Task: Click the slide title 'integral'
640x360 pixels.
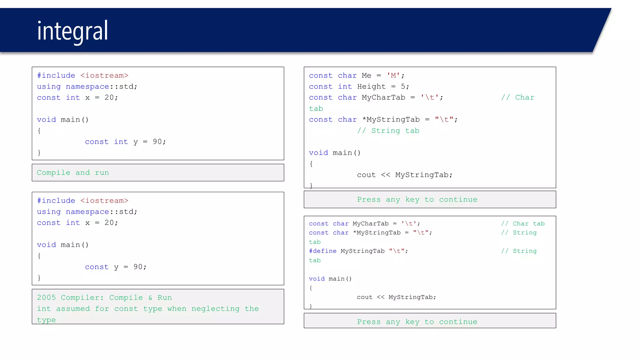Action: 72,31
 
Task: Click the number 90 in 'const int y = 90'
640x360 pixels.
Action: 157,142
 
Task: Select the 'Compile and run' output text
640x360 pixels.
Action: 73,172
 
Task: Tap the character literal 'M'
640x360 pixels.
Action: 393,75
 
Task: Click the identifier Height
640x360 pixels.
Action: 371,87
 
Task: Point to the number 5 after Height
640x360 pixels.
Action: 403,87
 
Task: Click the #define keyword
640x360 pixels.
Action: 322,251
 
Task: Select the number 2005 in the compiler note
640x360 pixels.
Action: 46,297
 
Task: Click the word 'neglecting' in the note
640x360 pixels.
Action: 215,309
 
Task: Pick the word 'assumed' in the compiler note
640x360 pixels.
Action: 73,309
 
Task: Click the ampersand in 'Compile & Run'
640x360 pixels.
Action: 150,297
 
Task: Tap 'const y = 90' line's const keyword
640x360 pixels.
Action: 97,267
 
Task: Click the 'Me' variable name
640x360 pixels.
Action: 366,75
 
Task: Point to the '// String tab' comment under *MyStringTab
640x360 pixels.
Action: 388,131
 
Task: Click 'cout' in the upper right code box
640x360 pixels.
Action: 366,175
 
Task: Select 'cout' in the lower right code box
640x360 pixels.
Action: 365,297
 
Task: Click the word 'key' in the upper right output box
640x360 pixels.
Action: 412,199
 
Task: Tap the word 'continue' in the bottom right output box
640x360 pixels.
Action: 458,322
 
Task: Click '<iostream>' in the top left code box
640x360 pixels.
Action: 104,75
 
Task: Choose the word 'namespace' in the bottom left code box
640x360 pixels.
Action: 87,212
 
